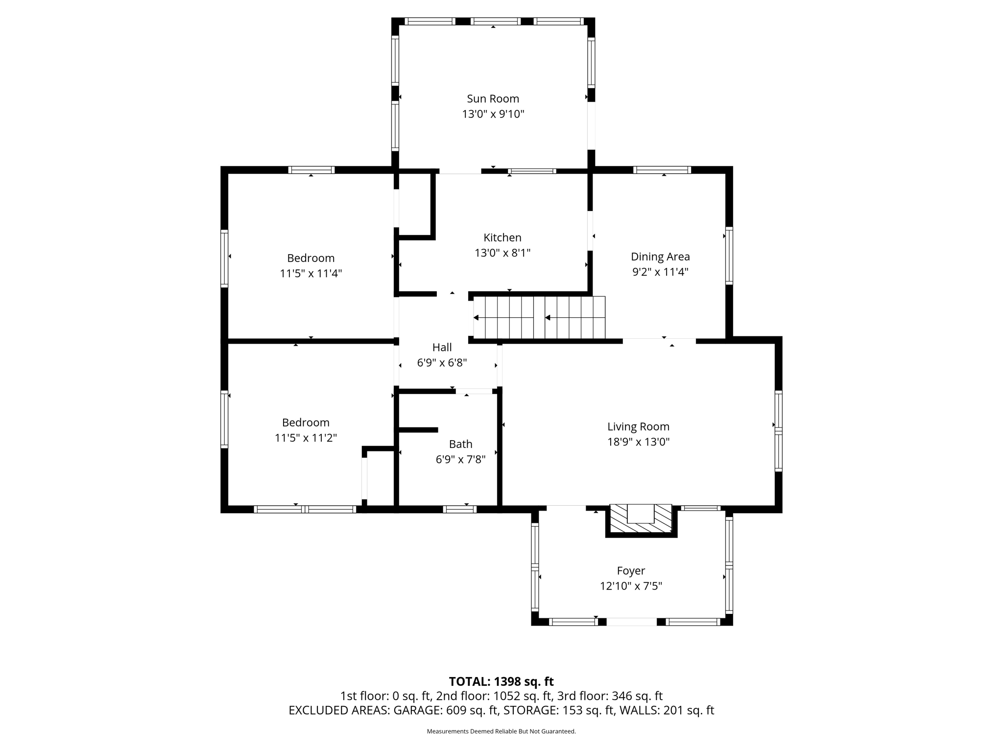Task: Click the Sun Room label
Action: (x=493, y=99)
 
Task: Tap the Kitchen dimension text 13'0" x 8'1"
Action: (x=502, y=253)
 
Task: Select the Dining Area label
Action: (x=660, y=257)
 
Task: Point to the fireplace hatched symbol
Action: (x=641, y=520)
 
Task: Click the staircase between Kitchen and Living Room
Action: (x=539, y=317)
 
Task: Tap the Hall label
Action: (x=442, y=348)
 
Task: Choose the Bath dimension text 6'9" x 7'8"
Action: (x=460, y=460)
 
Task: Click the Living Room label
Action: (x=638, y=427)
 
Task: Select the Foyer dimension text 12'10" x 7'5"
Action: (x=631, y=586)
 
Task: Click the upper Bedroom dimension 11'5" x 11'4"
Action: (x=310, y=274)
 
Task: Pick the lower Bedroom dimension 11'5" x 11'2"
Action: (x=306, y=438)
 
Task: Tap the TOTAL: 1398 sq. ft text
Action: (x=501, y=681)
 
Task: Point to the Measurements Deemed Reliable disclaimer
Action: (x=501, y=731)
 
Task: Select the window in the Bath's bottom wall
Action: (x=459, y=509)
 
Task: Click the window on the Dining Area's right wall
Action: (x=729, y=256)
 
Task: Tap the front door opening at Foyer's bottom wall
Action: (x=631, y=622)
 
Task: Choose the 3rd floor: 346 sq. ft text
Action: (x=610, y=696)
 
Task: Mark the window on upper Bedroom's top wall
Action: (x=311, y=170)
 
